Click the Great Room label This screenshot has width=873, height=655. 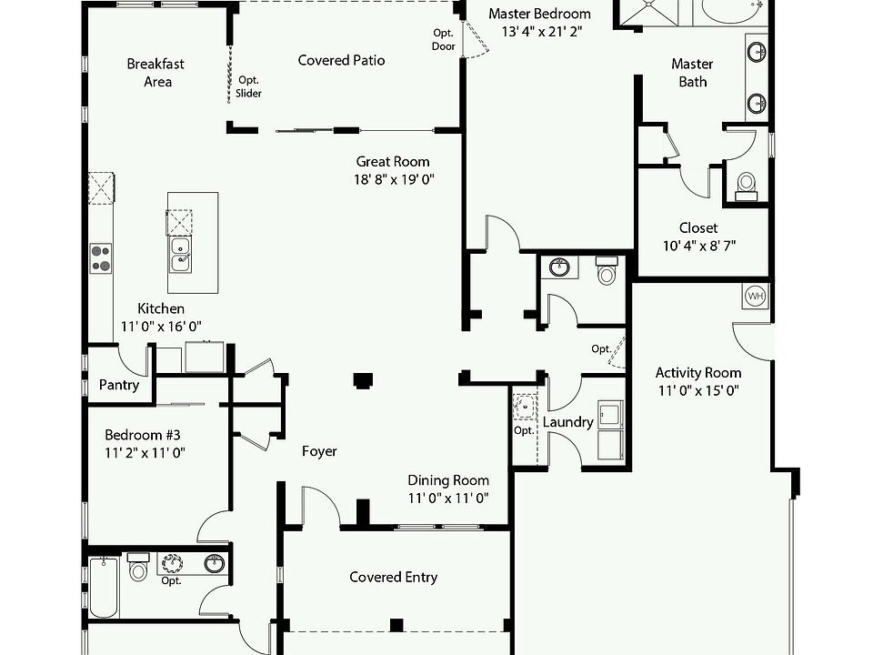point(393,162)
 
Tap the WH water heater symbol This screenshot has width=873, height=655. point(755,296)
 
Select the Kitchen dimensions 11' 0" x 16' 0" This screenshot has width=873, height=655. point(160,326)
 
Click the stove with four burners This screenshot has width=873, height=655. point(101,258)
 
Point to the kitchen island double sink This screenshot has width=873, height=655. point(180,254)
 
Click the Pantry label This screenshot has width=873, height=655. point(119,385)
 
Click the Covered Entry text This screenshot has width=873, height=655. point(393,577)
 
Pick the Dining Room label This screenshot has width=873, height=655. point(447,480)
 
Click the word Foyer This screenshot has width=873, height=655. point(319,451)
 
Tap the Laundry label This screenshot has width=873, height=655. point(567,422)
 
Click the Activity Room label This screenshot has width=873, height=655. point(697,372)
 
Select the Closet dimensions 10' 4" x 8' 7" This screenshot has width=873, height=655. point(697,246)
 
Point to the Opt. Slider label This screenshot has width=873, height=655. point(249,86)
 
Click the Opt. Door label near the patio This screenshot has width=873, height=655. point(444,39)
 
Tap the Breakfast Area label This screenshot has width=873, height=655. point(156,73)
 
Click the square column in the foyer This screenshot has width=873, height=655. point(364,380)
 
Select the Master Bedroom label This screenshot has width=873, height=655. point(539,14)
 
